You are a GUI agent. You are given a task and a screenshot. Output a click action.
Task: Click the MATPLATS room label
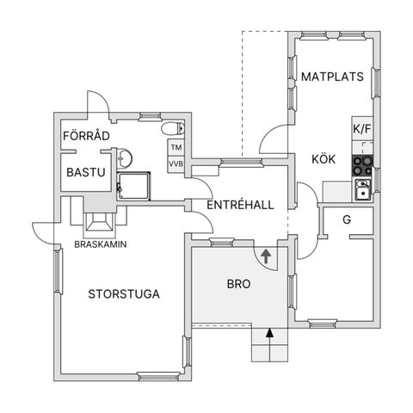tap(332, 77)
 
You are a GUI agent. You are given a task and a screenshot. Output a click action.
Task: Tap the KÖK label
tap(324, 159)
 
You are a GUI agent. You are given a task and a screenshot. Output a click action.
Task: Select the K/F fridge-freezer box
tap(362, 129)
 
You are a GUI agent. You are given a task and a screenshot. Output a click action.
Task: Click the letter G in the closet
tap(347, 219)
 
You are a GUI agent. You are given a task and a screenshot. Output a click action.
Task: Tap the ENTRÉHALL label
tap(240, 205)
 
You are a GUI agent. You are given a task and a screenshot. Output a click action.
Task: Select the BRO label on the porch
tap(238, 282)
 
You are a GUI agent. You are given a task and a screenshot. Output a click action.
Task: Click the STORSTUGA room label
tap(124, 294)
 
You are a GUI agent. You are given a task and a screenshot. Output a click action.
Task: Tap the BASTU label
tap(85, 173)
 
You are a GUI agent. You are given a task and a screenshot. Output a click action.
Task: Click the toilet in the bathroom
tap(177, 130)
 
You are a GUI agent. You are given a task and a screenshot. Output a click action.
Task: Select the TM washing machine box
tap(176, 148)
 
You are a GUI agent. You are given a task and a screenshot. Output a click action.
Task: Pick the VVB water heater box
tap(176, 163)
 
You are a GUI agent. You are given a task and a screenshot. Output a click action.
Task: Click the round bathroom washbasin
tap(125, 157)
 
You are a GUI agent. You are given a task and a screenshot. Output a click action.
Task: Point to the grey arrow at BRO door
tap(265, 256)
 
